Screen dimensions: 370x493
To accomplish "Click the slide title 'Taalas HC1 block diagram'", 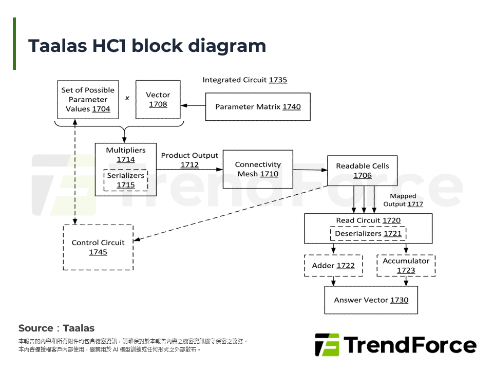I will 147,46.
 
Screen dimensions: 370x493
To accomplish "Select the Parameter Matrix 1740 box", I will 258,107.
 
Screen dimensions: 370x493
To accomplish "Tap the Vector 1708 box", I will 158,100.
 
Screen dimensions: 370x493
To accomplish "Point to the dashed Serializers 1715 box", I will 125,180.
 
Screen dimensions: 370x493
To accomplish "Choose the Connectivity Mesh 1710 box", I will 258,169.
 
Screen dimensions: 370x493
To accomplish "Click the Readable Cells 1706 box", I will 362,171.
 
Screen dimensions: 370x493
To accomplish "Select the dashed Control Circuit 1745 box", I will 98,247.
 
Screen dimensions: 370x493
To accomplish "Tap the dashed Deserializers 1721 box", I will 368,234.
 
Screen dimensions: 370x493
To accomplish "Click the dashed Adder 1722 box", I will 333,266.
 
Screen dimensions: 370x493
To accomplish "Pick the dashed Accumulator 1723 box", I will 406,266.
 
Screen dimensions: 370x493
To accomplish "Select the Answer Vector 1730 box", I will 371,300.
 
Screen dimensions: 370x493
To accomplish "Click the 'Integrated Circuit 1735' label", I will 244,80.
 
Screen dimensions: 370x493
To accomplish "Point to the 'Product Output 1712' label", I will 189,160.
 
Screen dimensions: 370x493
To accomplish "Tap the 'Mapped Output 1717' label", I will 403,200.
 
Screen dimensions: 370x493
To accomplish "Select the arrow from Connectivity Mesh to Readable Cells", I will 310,170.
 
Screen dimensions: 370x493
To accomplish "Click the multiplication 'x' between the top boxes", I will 127,98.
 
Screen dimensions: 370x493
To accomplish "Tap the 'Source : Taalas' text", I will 56,328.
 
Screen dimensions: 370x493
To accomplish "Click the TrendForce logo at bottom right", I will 395,345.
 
